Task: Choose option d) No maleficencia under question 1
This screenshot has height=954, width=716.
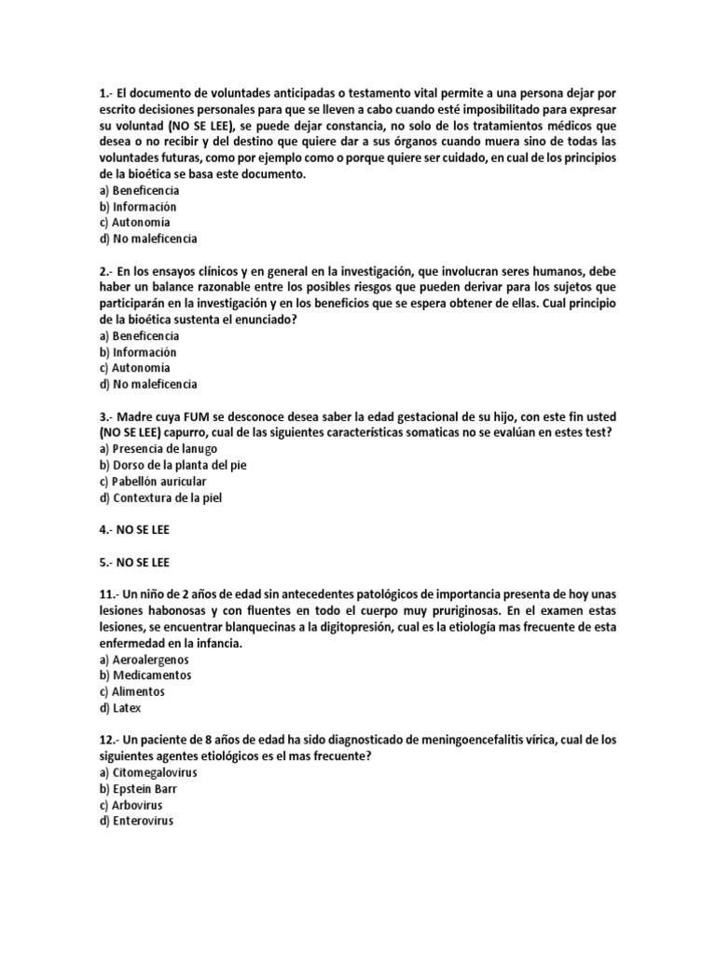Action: click(x=147, y=239)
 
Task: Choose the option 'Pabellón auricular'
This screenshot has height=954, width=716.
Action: click(x=152, y=482)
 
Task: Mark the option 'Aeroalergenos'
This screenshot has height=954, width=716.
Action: click(x=145, y=659)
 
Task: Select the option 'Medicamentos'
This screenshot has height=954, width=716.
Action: click(x=145, y=675)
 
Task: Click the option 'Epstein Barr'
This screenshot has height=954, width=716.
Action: click(x=137, y=790)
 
